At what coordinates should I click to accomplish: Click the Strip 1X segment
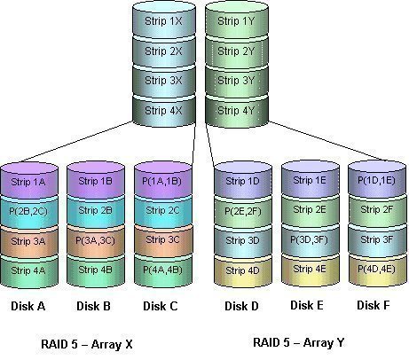(165, 20)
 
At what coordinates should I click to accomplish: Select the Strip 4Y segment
(234, 111)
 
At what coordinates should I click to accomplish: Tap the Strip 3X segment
(165, 81)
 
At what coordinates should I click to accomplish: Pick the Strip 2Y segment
(234, 51)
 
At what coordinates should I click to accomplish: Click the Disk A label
(28, 307)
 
